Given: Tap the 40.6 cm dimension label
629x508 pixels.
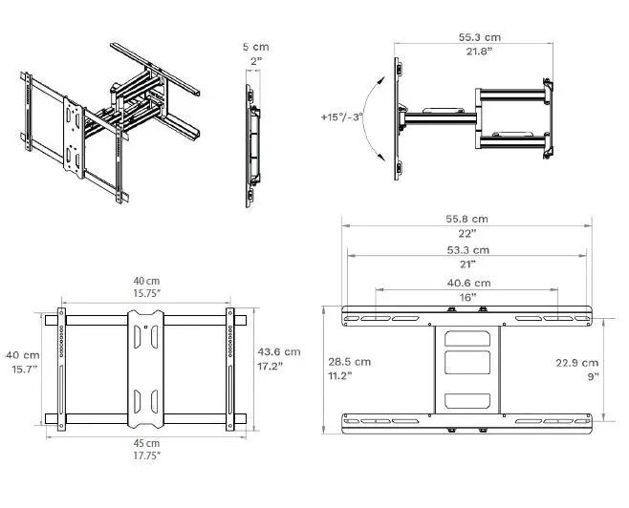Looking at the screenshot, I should (x=469, y=283).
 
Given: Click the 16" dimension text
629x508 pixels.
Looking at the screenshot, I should (x=469, y=297).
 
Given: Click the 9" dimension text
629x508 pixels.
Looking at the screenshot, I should (x=593, y=376).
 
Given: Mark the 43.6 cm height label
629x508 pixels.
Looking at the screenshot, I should (x=279, y=351).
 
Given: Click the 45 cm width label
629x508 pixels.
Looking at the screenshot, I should (x=146, y=443).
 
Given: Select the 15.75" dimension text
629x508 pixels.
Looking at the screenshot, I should (x=146, y=294).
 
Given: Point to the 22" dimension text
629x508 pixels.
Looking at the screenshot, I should (x=469, y=233).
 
